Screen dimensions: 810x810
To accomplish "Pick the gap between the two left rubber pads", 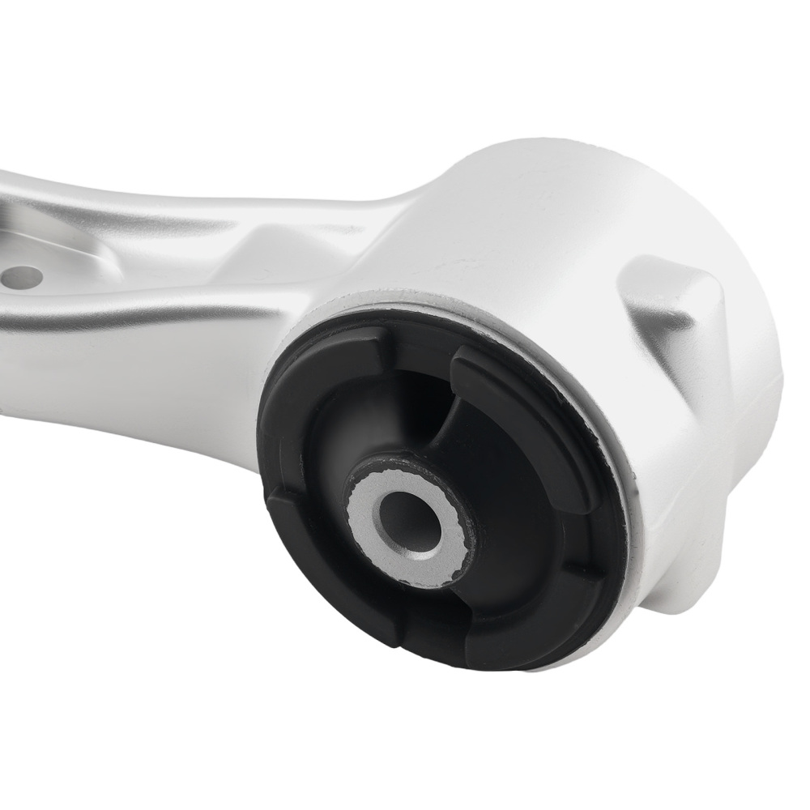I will [275, 478].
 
